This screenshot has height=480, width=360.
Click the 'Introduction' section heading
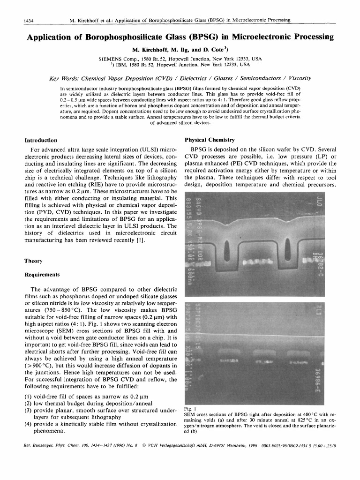click(41, 140)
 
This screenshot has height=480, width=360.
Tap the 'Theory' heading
click(33, 261)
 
